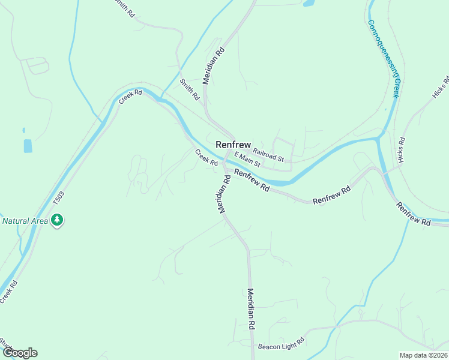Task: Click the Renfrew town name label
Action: point(233,145)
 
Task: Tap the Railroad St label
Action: point(268,154)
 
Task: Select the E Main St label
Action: point(247,159)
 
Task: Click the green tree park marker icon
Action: point(57,221)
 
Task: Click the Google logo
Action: point(20,353)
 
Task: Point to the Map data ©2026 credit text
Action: point(423,355)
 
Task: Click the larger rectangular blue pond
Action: point(28,146)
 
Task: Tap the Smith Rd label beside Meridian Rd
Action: point(190,89)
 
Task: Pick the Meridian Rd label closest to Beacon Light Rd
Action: point(252,308)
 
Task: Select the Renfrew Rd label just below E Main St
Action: point(252,180)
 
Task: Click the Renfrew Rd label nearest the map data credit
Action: point(413,214)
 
